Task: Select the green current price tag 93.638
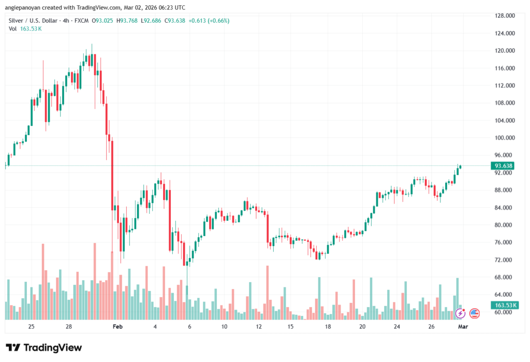click(x=504, y=166)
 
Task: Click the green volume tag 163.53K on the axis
click(x=504, y=306)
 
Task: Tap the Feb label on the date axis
click(x=117, y=327)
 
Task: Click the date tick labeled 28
click(x=69, y=327)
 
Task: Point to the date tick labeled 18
click(x=328, y=327)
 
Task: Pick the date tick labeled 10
click(x=224, y=327)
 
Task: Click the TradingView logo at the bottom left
click(x=43, y=347)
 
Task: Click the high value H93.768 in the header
click(x=129, y=21)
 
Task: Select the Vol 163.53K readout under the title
click(x=25, y=28)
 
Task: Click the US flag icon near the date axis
click(x=474, y=313)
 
